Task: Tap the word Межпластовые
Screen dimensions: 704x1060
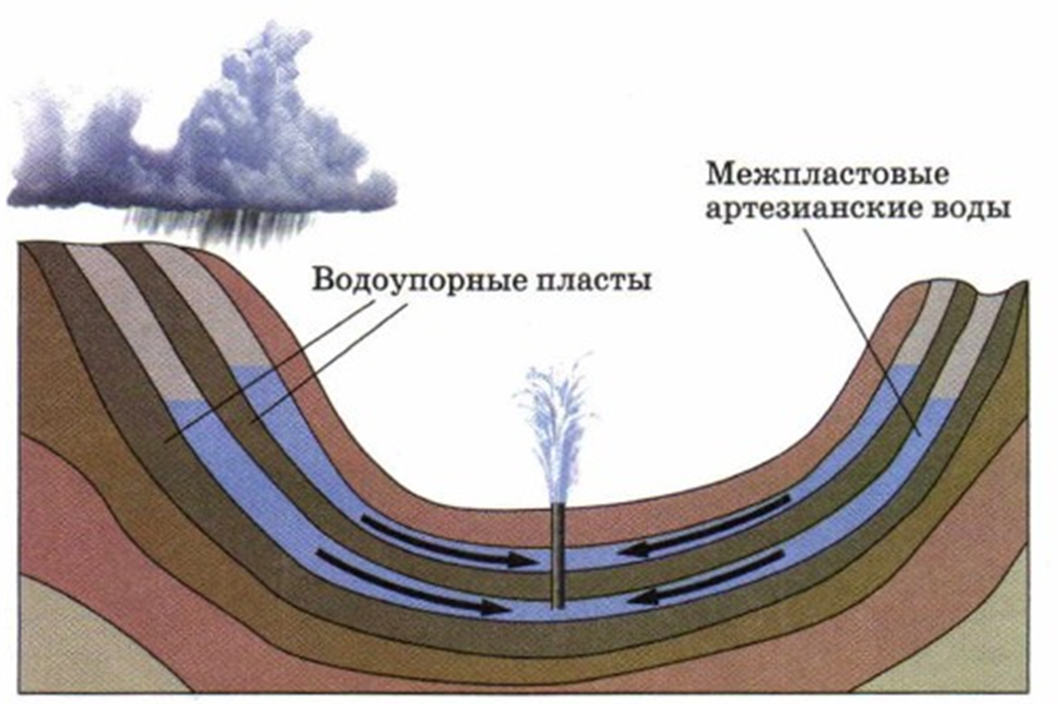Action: point(826,176)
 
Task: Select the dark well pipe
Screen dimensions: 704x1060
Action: point(559,557)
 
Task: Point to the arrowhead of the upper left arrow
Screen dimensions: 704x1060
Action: point(524,560)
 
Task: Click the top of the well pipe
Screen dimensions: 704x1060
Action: point(559,507)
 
